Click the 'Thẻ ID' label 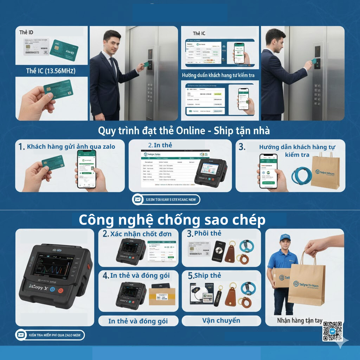coord(26,32)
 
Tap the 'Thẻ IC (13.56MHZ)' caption coord(51,71)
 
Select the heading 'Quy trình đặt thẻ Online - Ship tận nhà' coord(184,130)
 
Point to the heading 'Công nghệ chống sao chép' coord(172,220)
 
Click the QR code coord(332,331)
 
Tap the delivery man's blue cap coord(285,238)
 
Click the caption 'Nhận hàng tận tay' coord(300,320)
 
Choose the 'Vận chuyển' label coord(221,320)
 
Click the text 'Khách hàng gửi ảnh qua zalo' coord(71,147)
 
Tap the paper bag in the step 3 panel coord(325,172)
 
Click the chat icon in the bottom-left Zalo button coord(21,335)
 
